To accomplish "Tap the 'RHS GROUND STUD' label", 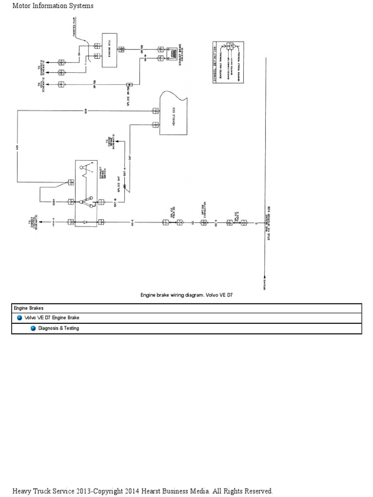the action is click(x=268, y=231).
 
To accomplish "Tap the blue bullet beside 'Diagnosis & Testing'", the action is click(x=33, y=329).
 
